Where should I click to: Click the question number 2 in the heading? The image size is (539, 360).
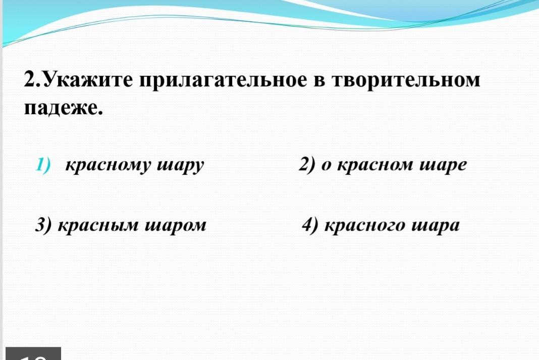click(30, 79)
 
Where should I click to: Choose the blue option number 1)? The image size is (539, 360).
click(43, 164)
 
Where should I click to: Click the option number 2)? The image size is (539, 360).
click(307, 164)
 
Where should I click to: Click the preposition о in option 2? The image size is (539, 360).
click(326, 166)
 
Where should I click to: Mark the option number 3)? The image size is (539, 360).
click(43, 225)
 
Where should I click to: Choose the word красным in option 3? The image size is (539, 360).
click(97, 226)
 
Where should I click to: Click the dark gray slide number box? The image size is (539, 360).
click(33, 354)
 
